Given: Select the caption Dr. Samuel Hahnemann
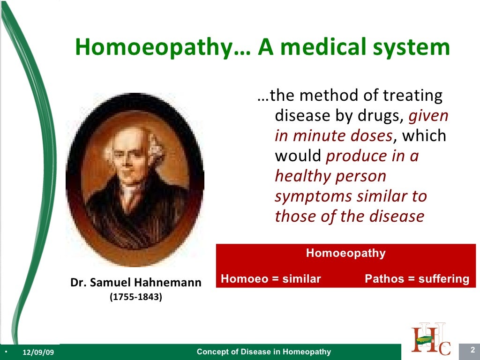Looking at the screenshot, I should (x=136, y=283).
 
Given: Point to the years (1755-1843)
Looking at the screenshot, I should (x=135, y=297).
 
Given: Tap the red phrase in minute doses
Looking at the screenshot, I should (x=333, y=136).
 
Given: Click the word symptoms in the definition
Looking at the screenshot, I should (x=314, y=196).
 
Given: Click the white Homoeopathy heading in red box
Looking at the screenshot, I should (x=345, y=254).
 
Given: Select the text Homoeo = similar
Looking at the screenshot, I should (x=270, y=279).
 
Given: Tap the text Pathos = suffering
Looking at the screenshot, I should (x=417, y=279).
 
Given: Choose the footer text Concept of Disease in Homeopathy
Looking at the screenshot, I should (x=263, y=352).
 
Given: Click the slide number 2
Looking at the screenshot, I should (x=472, y=350).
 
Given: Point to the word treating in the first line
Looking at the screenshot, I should (x=412, y=96).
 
